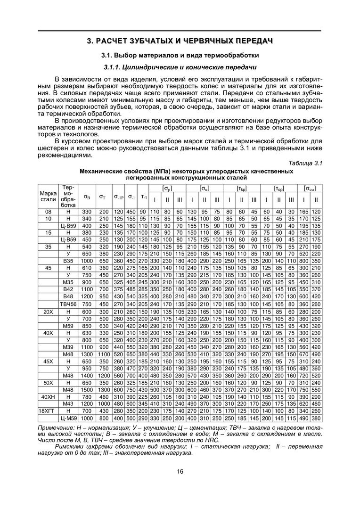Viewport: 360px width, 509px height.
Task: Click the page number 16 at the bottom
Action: [x=180, y=471]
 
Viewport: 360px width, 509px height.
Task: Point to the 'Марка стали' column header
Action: [x=48, y=196]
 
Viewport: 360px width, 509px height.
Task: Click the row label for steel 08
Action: [x=48, y=212]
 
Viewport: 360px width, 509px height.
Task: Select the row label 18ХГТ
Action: [x=48, y=411]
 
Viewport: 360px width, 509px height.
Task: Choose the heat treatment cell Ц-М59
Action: [x=69, y=418]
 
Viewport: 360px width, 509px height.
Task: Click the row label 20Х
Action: [x=48, y=312]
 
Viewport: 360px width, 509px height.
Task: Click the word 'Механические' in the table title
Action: [x=101, y=172]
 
